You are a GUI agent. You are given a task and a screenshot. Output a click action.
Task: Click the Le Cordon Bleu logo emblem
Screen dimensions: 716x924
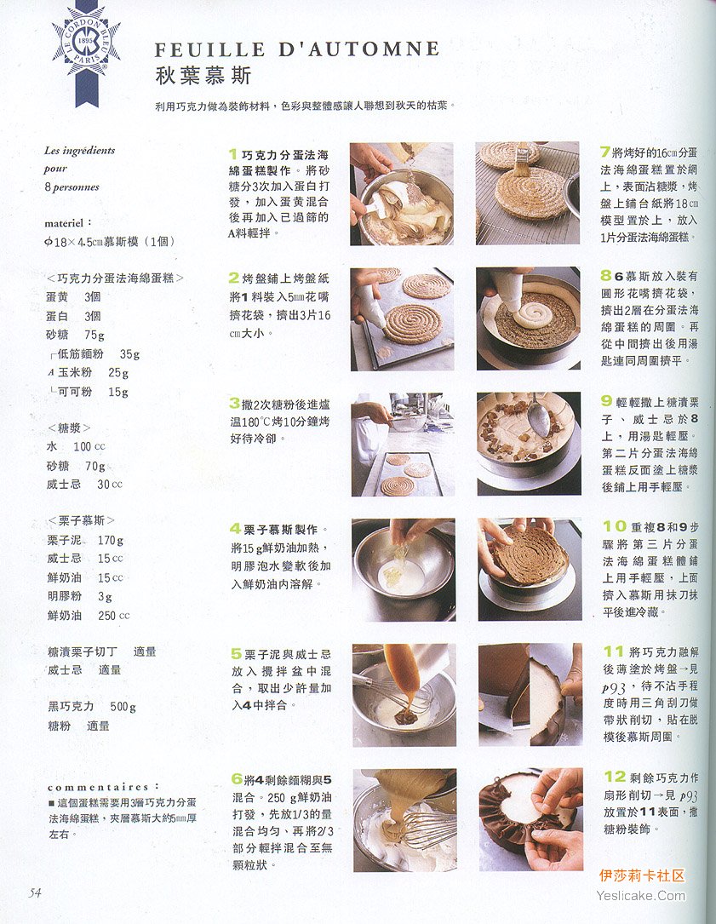tap(87, 50)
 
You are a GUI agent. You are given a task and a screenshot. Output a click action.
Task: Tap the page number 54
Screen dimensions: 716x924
tap(36, 892)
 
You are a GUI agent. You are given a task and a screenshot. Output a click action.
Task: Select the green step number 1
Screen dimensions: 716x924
tap(233, 154)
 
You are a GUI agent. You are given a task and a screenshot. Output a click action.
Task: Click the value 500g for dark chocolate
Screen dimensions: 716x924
tap(123, 707)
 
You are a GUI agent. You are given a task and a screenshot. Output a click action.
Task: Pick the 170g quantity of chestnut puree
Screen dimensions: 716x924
tap(111, 540)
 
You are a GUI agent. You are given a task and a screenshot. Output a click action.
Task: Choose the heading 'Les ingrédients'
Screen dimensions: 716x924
tap(79, 150)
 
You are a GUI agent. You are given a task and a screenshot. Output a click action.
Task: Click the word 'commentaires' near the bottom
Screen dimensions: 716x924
tap(99, 787)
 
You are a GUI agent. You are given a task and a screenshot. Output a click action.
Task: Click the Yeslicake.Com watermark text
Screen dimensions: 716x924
tap(641, 896)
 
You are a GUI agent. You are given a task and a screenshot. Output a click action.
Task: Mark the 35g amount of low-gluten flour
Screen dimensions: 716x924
tap(129, 354)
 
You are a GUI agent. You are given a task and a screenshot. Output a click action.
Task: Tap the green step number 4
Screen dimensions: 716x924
tap(235, 529)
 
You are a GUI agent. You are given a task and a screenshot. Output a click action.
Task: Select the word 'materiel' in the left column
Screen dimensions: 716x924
tap(64, 223)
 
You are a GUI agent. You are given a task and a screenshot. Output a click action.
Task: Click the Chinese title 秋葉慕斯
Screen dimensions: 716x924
tap(203, 76)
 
